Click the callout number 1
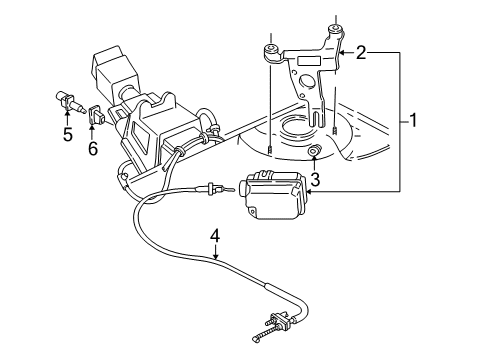coord(412,122)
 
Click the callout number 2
coord(361,51)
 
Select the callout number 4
coord(213,237)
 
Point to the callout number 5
coord(67,132)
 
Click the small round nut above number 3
coord(314,153)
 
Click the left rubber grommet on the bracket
coord(270,50)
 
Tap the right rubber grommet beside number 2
coord(335,32)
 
